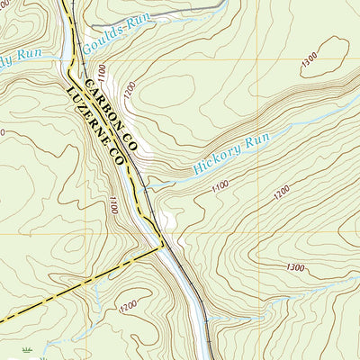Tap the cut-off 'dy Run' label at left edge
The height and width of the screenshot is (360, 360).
pyautogui.click(x=20, y=62)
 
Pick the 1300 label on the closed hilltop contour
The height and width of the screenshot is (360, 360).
pyautogui.click(x=311, y=59)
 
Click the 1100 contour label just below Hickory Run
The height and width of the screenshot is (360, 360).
pyautogui.click(x=220, y=185)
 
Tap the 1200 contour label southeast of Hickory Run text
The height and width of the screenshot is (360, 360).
pyautogui.click(x=282, y=192)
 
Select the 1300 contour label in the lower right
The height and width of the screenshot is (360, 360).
pyautogui.click(x=294, y=267)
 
